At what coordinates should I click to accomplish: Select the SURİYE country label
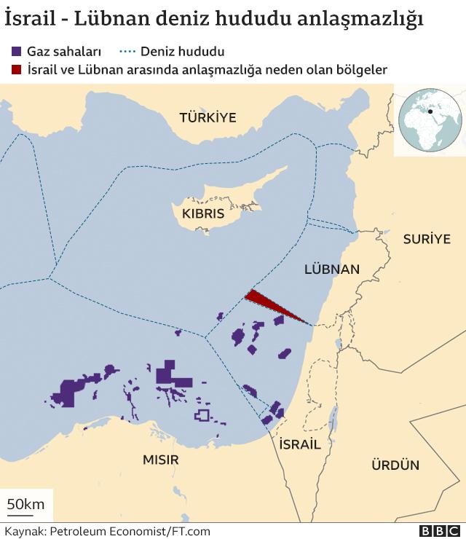tap(427, 239)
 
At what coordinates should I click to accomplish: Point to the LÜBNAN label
tap(331, 269)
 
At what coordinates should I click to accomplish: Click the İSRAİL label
tap(299, 444)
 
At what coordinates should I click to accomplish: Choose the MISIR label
tap(160, 460)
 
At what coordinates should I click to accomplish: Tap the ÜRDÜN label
tap(395, 465)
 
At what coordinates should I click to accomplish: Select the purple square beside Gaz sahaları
tap(16, 52)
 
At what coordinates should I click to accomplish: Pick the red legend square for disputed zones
tap(16, 70)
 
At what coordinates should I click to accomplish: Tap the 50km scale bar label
tap(25, 504)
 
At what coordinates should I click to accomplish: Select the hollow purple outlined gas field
tap(202, 415)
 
